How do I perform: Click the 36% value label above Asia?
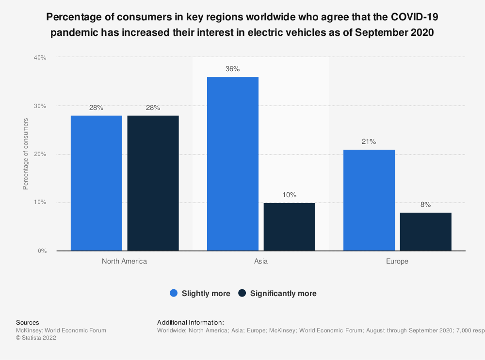pos(232,69)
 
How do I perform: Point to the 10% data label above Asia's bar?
pos(289,195)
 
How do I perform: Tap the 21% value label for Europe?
pos(369,141)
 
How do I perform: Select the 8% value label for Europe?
pos(425,204)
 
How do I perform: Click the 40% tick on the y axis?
pos(40,58)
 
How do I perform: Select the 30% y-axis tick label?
pos(40,106)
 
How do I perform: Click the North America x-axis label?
pos(124,261)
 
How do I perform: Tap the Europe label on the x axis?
pos(397,261)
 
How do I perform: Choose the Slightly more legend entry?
pos(200,293)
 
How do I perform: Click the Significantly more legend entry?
pos(277,293)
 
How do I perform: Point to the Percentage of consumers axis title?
pos(26,154)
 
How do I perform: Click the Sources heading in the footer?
pos(28,322)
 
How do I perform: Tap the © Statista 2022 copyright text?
pos(36,338)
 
